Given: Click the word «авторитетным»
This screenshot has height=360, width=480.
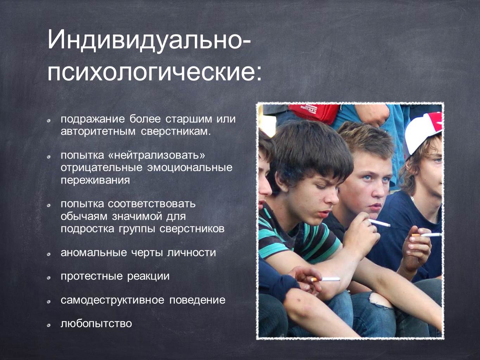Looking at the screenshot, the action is tap(98, 132).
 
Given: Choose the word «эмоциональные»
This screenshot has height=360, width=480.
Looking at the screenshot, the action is tap(190, 168).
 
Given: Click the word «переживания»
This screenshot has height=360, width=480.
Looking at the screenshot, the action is tap(95, 181).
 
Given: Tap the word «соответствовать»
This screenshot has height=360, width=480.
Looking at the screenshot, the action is tap(152, 204).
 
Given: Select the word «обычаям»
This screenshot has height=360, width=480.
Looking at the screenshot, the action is tap(84, 217).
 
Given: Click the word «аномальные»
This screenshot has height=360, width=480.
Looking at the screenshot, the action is tap(94, 253).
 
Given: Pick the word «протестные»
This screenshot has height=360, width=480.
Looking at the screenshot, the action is tap(91, 276).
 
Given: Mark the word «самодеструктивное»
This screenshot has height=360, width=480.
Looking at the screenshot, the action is tap(113, 300).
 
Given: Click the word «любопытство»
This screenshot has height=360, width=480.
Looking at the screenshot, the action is tap(96, 324).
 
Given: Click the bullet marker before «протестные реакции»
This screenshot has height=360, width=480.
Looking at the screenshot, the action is tap(49, 278).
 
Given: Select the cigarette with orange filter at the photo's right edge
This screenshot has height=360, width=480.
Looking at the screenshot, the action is tap(427, 235).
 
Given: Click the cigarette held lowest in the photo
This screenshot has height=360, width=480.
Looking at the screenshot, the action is tap(326, 279).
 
